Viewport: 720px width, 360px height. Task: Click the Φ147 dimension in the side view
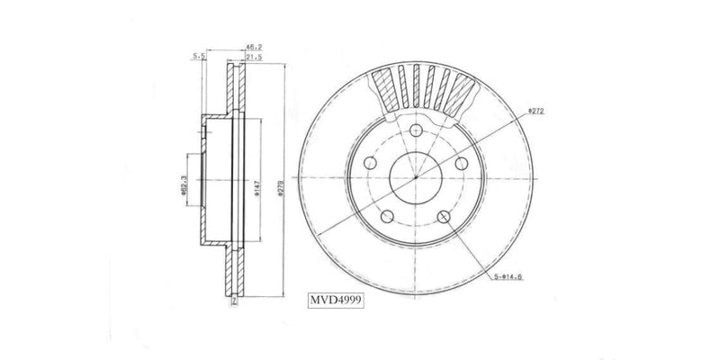[258, 186]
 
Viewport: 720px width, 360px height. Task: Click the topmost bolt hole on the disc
[416, 133]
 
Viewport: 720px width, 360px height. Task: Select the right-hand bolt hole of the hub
[461, 164]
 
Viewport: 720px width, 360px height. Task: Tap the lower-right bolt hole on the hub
[445, 216]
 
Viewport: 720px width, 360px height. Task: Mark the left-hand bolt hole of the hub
[371, 164]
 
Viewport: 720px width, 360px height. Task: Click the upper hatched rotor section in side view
[236, 90]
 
